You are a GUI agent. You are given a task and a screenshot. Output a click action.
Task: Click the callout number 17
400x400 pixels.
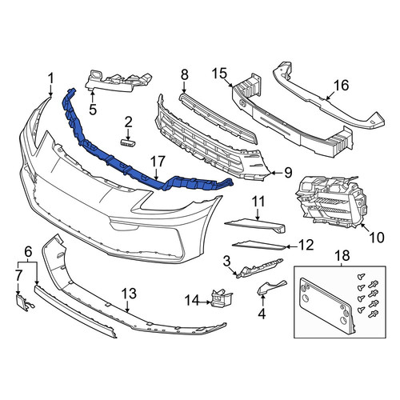coord(158,162)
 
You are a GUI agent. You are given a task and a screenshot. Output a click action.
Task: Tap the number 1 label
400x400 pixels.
coord(50,79)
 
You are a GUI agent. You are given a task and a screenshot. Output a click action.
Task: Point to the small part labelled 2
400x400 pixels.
coord(128,143)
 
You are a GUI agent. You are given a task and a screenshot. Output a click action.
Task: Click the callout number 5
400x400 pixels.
coord(93,110)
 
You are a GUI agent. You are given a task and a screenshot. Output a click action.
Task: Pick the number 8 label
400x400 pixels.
coord(184,75)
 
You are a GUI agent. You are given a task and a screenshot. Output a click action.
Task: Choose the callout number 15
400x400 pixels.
coord(219,74)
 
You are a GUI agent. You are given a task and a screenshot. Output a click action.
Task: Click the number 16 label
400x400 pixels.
coord(341,86)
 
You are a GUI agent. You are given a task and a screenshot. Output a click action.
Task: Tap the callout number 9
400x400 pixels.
coord(288,173)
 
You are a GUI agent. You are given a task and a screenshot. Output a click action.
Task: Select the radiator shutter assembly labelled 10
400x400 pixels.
coord(330,202)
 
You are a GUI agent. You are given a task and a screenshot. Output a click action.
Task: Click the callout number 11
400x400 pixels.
coord(258,202)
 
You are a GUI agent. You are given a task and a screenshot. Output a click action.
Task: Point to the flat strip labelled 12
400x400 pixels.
coord(259,246)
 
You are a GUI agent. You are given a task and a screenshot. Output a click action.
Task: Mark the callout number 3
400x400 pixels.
coord(226,262)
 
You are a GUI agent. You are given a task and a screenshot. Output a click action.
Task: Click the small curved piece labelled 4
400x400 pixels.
coord(270,287)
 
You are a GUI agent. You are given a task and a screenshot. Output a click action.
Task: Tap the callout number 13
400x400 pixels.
coord(129,294)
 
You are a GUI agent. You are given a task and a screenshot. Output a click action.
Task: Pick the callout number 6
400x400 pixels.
coord(28,251)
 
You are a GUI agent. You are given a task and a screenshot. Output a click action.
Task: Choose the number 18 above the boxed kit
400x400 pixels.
coord(343,255)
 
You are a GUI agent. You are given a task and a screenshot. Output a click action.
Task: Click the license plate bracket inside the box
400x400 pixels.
coord(328,306)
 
